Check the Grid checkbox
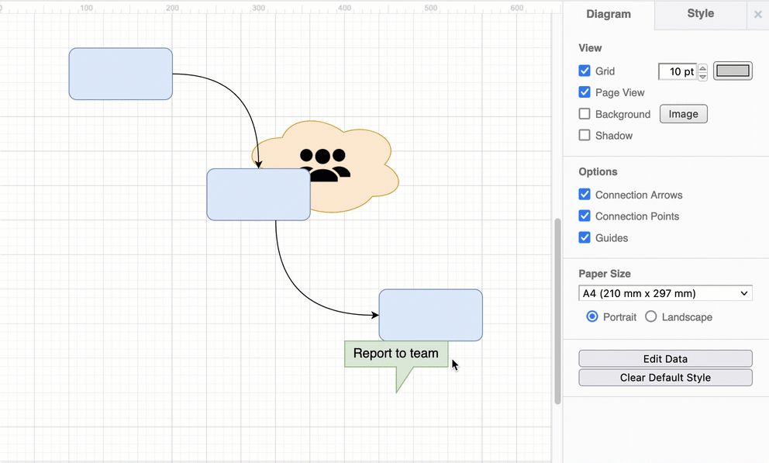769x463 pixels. point(585,71)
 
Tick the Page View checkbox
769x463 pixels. point(585,92)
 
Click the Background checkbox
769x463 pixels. point(585,114)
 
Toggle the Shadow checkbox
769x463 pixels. point(585,135)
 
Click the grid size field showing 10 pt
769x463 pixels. point(677,71)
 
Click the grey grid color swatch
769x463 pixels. point(733,71)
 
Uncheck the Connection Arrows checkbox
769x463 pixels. point(585,195)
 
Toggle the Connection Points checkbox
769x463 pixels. point(585,216)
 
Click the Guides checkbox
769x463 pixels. point(585,238)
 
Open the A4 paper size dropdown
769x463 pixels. point(665,293)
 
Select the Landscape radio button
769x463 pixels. point(651,316)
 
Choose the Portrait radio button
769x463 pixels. point(592,316)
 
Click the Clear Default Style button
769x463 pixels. point(665,378)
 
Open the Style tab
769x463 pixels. point(700,14)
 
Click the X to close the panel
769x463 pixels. point(758,14)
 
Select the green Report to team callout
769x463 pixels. point(395,354)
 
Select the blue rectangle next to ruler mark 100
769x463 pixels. point(120,74)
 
